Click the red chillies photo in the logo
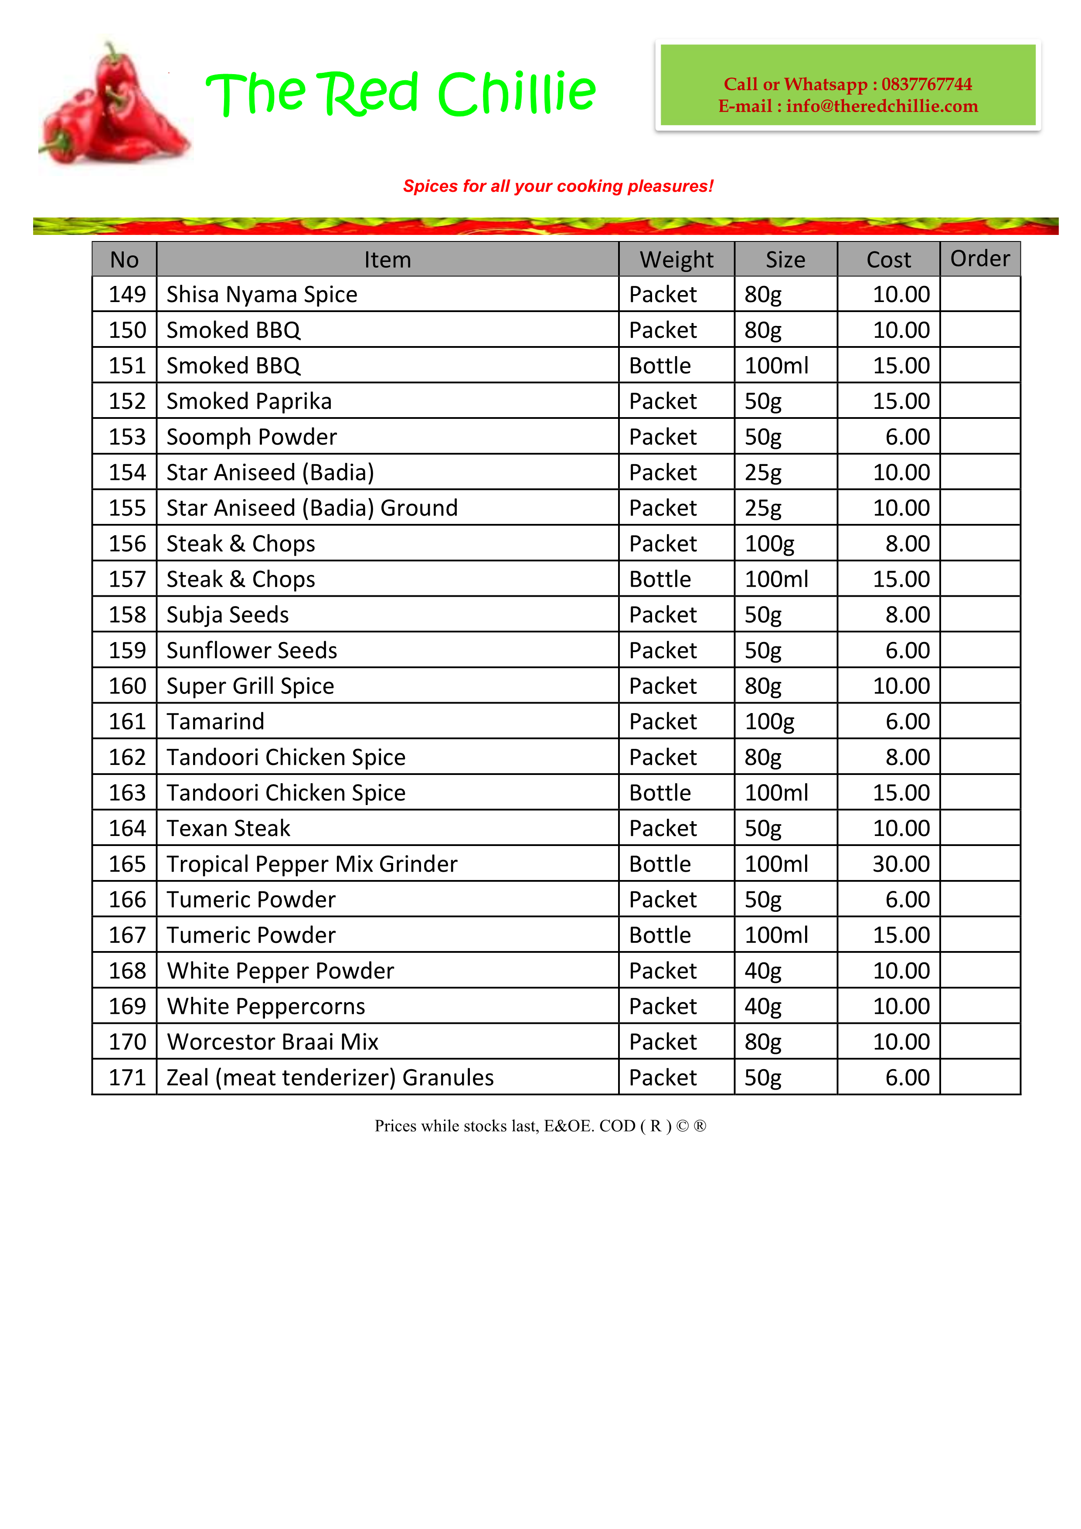click(113, 106)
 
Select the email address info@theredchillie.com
click(881, 106)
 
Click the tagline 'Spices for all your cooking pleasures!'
click(557, 187)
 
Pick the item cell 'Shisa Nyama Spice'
click(262, 294)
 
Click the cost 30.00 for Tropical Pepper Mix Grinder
click(901, 864)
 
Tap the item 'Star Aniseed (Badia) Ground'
click(312, 508)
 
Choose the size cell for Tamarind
click(769, 722)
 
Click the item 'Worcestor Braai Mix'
click(272, 1042)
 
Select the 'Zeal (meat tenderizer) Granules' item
click(330, 1077)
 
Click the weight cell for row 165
click(660, 864)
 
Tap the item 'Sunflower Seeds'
click(252, 651)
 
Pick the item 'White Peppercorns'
click(266, 1006)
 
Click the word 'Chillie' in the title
click(516, 93)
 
